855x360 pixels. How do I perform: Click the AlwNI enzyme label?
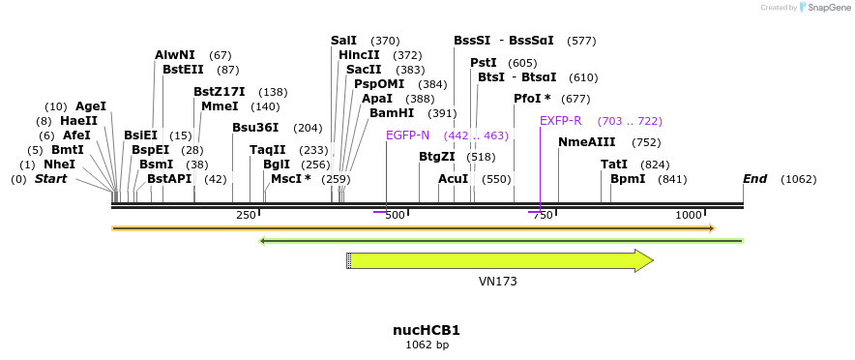(174, 55)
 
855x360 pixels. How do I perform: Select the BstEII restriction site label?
(183, 70)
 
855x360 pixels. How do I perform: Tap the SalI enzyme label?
(343, 41)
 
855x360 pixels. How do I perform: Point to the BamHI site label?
(392, 113)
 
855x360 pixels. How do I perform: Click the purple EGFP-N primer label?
(407, 135)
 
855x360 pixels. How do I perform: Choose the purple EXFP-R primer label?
(561, 121)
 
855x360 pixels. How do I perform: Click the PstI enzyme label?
(484, 63)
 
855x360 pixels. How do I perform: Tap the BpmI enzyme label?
(628, 179)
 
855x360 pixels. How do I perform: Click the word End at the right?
(755, 179)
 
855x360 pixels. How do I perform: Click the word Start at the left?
(52, 179)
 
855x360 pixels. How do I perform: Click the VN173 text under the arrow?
(498, 282)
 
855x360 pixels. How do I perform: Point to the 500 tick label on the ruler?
(395, 215)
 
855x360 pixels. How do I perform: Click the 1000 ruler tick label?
(689, 215)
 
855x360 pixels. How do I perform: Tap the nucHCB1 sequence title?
(427, 330)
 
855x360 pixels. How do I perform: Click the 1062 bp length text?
(427, 345)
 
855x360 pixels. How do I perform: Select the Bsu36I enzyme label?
(255, 128)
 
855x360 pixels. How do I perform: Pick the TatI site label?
(614, 165)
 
